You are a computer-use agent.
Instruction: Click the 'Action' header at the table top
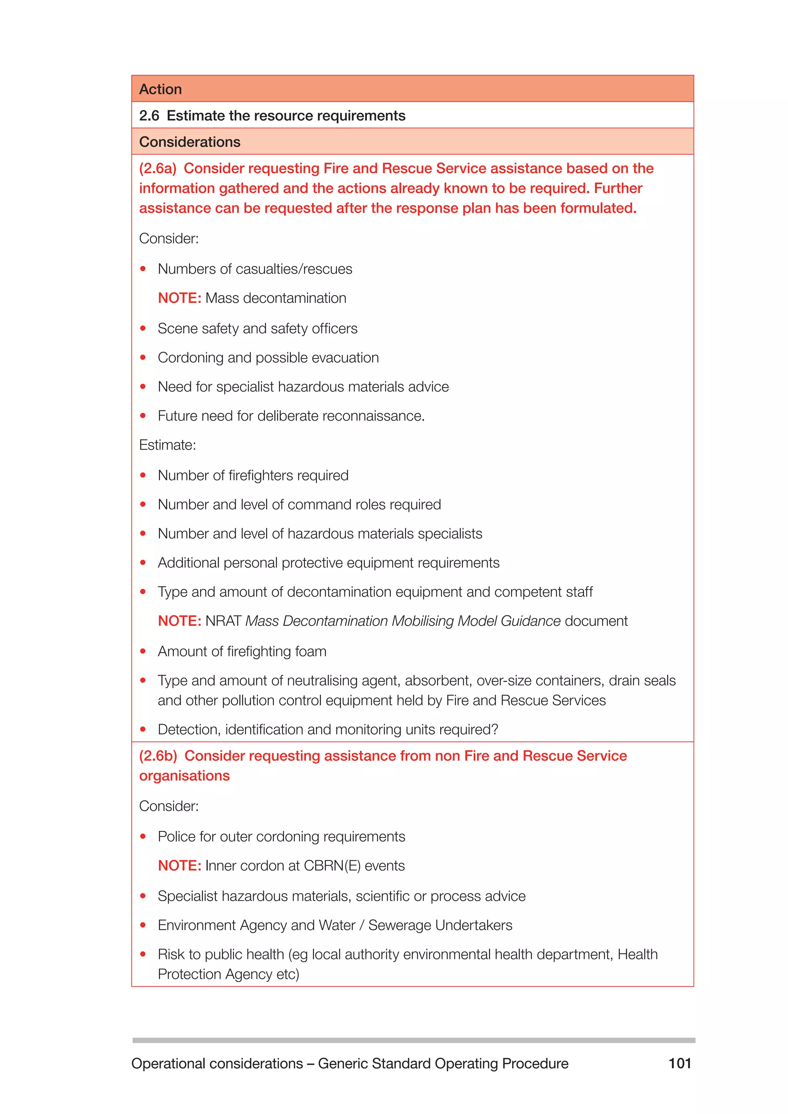pos(160,89)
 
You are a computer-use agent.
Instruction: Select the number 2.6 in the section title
pos(149,115)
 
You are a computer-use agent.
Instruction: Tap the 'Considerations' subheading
pos(189,142)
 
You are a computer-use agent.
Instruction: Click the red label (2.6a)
pos(157,168)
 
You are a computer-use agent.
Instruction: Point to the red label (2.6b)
pos(158,756)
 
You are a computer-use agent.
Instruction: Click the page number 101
pos(679,1064)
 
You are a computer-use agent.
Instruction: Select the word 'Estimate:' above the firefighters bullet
pos(167,445)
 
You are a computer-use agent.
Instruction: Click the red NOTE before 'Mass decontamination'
pos(179,298)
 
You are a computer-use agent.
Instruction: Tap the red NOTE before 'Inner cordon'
pos(179,866)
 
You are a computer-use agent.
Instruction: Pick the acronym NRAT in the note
pos(223,621)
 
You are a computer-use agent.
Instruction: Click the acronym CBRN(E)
pos(332,866)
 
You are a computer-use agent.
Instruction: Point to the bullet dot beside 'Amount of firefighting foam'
pos(143,651)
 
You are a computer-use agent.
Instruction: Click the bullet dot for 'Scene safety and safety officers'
pos(143,329)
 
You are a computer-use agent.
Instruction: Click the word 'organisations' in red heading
pos(184,776)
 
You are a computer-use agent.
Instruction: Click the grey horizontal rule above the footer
pos(413,1040)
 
